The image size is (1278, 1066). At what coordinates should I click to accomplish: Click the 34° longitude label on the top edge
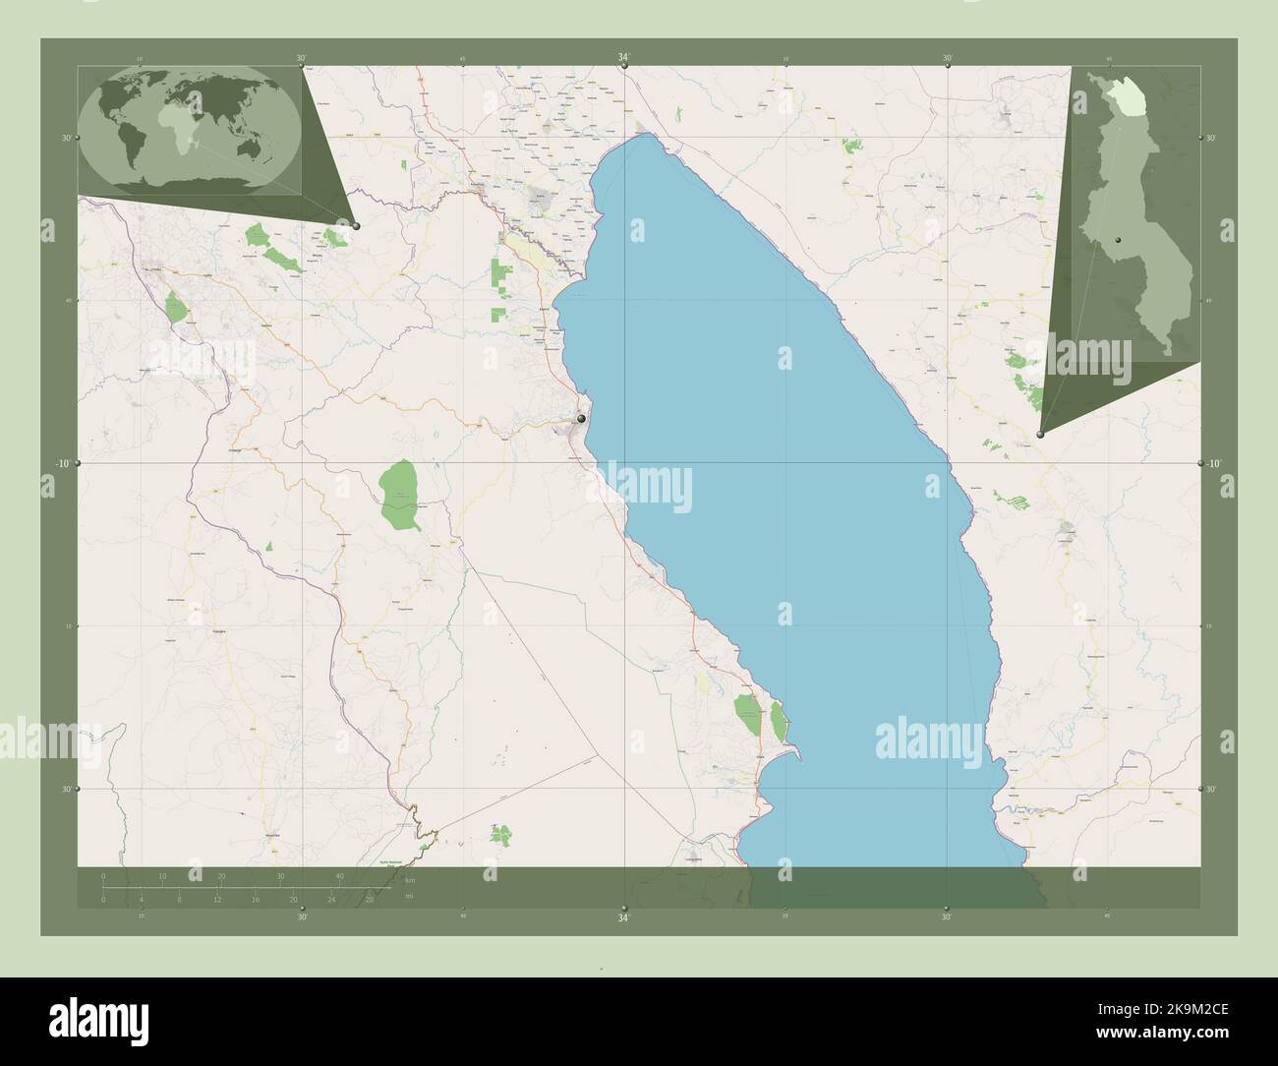(x=623, y=58)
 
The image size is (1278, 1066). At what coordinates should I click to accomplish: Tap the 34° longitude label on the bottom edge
(x=623, y=918)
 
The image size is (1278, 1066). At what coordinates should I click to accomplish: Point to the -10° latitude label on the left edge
(x=62, y=463)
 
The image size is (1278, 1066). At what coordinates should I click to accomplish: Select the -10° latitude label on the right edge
(x=1214, y=463)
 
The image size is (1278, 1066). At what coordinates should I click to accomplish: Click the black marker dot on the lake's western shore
(x=582, y=419)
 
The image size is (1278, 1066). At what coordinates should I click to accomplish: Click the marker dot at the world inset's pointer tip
(x=356, y=226)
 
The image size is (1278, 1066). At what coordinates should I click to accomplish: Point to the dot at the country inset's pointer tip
(x=1041, y=433)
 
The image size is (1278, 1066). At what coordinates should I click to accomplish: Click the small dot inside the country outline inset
(x=1120, y=239)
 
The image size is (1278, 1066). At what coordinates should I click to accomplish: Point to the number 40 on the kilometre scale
(x=339, y=875)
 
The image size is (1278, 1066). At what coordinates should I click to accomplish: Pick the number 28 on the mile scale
(x=369, y=899)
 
